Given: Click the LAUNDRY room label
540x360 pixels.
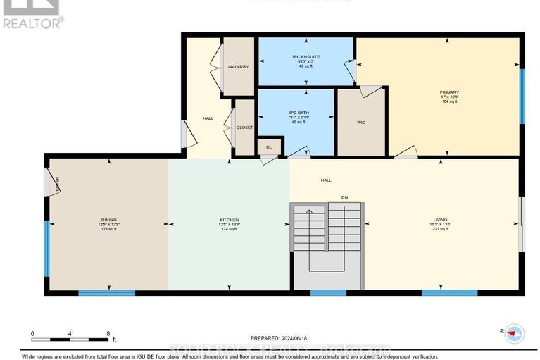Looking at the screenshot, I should tap(238, 66).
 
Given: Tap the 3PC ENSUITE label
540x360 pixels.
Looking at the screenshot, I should tap(306, 56).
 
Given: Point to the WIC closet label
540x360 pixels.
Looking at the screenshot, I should tap(360, 123).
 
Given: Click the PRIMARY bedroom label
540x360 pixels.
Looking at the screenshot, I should tap(449, 92).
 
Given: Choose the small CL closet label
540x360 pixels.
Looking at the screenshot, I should tap(268, 147).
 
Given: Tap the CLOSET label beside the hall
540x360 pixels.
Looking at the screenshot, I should tap(244, 128).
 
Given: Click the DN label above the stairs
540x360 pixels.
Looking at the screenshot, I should tap(345, 197).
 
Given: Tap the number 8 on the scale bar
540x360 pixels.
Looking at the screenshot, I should tap(108, 333).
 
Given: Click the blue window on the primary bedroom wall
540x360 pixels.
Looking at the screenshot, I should tap(522, 94).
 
